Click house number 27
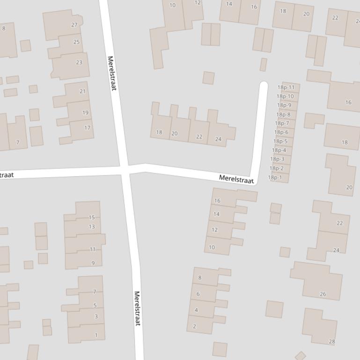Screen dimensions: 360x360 (74, 25)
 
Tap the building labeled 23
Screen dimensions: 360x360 (79, 62)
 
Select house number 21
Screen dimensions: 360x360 (82, 91)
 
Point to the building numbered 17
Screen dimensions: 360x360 (87, 128)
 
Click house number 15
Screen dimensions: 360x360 (92, 217)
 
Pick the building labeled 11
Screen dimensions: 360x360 (93, 249)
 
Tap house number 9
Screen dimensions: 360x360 (93, 263)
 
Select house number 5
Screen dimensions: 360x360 (95, 306)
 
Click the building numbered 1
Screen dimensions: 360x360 (96, 335)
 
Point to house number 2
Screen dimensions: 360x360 (195, 326)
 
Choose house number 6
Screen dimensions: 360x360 (198, 294)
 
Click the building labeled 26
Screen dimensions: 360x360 (323, 294)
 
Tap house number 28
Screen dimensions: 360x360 (331, 342)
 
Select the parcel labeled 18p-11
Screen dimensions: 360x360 (286, 87)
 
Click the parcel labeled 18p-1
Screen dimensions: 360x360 (275, 178)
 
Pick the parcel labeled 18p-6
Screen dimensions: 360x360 (281, 132)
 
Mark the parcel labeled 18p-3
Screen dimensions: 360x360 (277, 159)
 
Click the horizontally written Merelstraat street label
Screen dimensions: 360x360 (236, 179)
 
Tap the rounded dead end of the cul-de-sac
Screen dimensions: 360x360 (264, 85)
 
